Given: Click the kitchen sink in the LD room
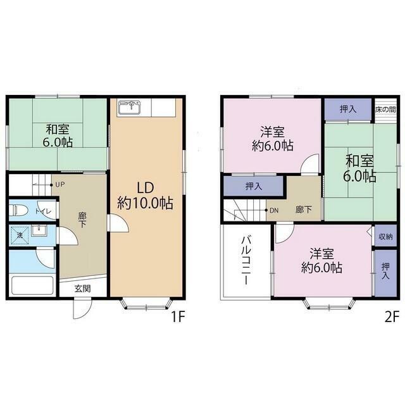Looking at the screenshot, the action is point(130,107).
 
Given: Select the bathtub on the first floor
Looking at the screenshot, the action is point(32,285).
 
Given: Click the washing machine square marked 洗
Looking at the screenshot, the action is point(20,235).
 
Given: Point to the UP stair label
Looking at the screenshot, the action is point(60,185).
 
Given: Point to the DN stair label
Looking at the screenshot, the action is point(274,211).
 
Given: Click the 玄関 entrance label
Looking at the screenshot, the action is point(83,289).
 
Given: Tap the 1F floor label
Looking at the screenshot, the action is point(178,316).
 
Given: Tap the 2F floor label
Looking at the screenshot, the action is point(392,316).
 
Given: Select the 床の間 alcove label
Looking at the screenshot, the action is point(385,109).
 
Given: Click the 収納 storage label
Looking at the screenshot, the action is point(385,236).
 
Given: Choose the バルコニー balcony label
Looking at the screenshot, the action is point(246,261).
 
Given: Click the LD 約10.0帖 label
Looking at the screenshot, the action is point(146,196).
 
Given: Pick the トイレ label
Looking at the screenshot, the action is point(43,211).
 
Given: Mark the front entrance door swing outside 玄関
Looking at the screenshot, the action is point(82,308).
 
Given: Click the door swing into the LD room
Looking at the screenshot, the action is point(118,223).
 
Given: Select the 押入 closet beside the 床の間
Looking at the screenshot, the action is point(348,109).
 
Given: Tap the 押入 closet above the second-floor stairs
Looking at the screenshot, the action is point(254,185).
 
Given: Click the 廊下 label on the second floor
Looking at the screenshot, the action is point(304,209).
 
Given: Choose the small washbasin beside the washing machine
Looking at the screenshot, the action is point(39,230).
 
